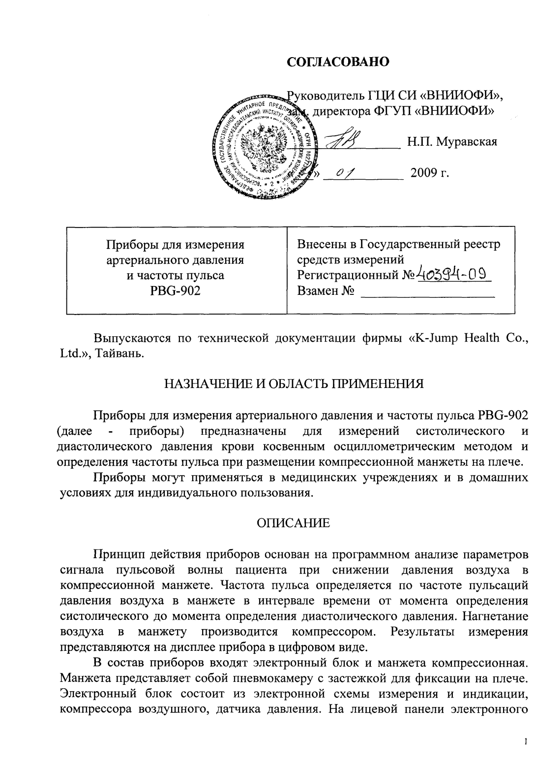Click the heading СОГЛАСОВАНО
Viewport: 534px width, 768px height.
pyautogui.click(x=338, y=62)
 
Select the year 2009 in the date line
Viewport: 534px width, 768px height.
pyautogui.click(x=426, y=174)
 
